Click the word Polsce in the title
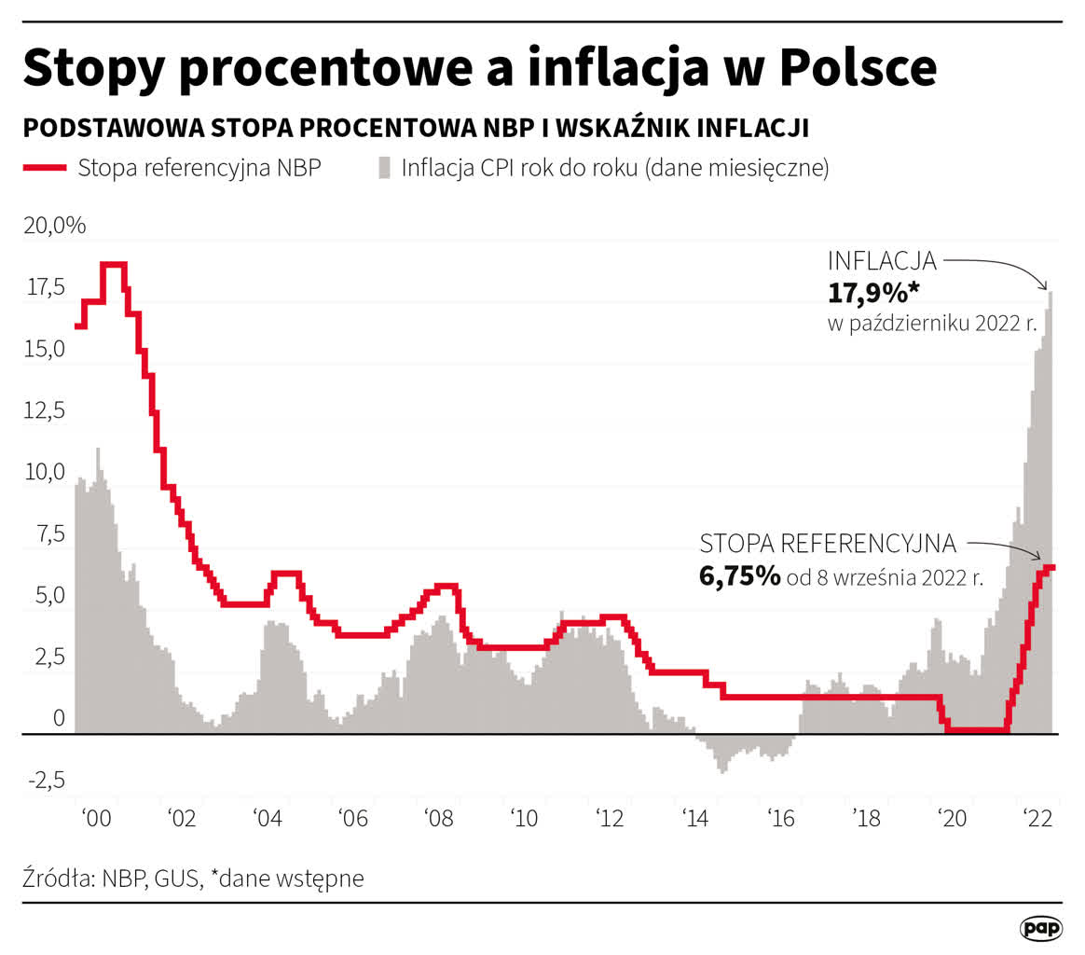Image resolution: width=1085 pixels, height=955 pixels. pyautogui.click(x=858, y=67)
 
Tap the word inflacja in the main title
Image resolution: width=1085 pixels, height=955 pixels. pyautogui.click(x=618, y=68)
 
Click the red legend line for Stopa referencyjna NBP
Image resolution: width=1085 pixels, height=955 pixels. pyautogui.click(x=45, y=168)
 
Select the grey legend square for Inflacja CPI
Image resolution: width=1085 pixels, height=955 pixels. pyautogui.click(x=384, y=168)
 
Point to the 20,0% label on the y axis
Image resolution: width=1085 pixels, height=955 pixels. pyautogui.click(x=55, y=225)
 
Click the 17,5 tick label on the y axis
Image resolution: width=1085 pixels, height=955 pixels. pyautogui.click(x=46, y=286)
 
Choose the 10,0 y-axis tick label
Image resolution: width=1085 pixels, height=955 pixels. pyautogui.click(x=45, y=472)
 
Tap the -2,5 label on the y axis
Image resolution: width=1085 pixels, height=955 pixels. pyautogui.click(x=47, y=780)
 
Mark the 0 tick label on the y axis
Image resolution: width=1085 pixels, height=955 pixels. pyautogui.click(x=60, y=718)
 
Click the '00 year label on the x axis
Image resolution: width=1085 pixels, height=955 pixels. pyautogui.click(x=96, y=818)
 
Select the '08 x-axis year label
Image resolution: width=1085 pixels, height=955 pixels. pyautogui.click(x=439, y=818)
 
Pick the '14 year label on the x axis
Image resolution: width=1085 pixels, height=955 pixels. pyautogui.click(x=695, y=818)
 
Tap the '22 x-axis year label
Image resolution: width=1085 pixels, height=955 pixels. pyautogui.click(x=1038, y=818)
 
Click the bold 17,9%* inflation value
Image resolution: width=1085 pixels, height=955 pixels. pyautogui.click(x=873, y=292)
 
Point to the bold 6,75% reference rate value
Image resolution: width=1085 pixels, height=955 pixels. pyautogui.click(x=740, y=576)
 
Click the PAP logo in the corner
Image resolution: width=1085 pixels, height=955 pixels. pyautogui.click(x=1040, y=928)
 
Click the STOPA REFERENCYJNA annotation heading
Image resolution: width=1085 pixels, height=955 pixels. pyautogui.click(x=828, y=544)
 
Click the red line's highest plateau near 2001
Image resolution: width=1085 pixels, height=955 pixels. pyautogui.click(x=114, y=264)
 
